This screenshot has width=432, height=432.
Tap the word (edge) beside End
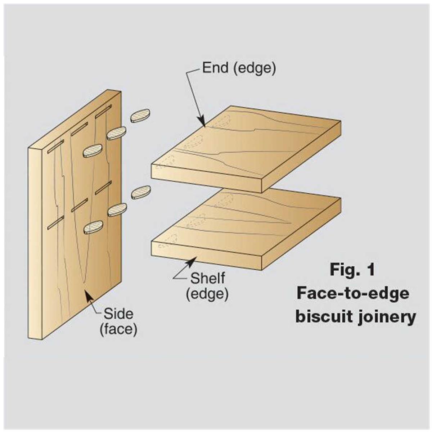(x=255, y=68)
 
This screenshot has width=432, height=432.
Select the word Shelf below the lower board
(x=208, y=278)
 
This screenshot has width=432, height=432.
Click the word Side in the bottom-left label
(x=118, y=314)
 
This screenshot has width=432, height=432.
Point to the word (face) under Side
(x=118, y=329)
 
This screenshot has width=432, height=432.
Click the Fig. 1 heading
(x=352, y=270)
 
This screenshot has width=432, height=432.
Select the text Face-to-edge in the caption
(x=353, y=293)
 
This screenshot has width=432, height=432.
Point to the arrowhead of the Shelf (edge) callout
(x=193, y=261)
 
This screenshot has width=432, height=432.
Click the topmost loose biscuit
(x=140, y=115)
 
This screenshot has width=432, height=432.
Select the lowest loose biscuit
(x=93, y=227)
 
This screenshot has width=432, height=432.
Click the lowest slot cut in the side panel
(x=55, y=222)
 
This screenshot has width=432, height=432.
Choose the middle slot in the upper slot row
(x=79, y=129)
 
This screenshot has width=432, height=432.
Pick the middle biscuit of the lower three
(x=117, y=210)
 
